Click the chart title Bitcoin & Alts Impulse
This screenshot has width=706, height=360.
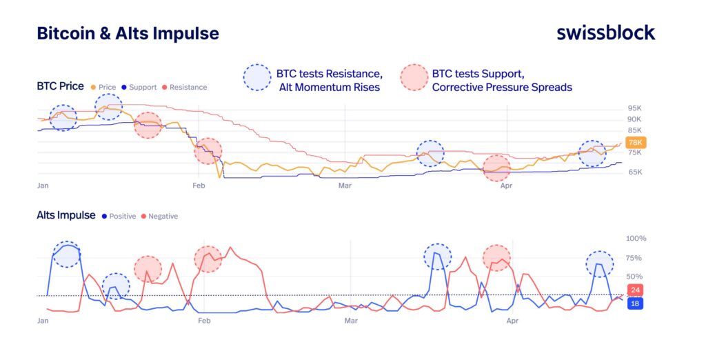click(x=128, y=33)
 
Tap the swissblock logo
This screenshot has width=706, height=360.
click(x=605, y=32)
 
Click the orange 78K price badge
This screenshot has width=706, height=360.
click(x=636, y=142)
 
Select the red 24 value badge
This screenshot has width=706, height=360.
click(x=635, y=290)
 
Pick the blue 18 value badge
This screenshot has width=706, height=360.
click(x=635, y=303)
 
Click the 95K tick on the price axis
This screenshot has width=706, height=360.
click(x=634, y=108)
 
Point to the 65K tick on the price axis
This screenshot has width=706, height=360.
click(x=634, y=172)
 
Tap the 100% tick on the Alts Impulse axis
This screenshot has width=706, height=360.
click(x=636, y=239)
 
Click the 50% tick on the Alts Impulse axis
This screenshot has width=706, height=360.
click(x=634, y=277)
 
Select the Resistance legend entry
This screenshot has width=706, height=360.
click(x=185, y=88)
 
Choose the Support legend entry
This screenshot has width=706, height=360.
click(x=139, y=88)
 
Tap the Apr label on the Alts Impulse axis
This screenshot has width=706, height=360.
click(x=512, y=321)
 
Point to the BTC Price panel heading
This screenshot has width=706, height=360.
click(x=60, y=86)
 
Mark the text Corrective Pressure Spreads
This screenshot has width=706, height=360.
click(x=501, y=88)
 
